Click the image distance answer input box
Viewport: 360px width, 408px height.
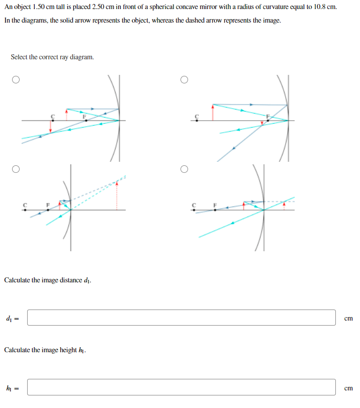click(181, 318)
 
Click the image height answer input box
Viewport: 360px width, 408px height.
click(181, 387)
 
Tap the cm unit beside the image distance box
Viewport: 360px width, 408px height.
click(348, 318)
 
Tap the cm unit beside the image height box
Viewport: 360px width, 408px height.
click(348, 387)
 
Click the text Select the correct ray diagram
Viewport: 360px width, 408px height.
click(52, 57)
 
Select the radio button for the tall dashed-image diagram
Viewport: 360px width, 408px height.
click(16, 169)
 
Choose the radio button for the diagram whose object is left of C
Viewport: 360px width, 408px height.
click(185, 79)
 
